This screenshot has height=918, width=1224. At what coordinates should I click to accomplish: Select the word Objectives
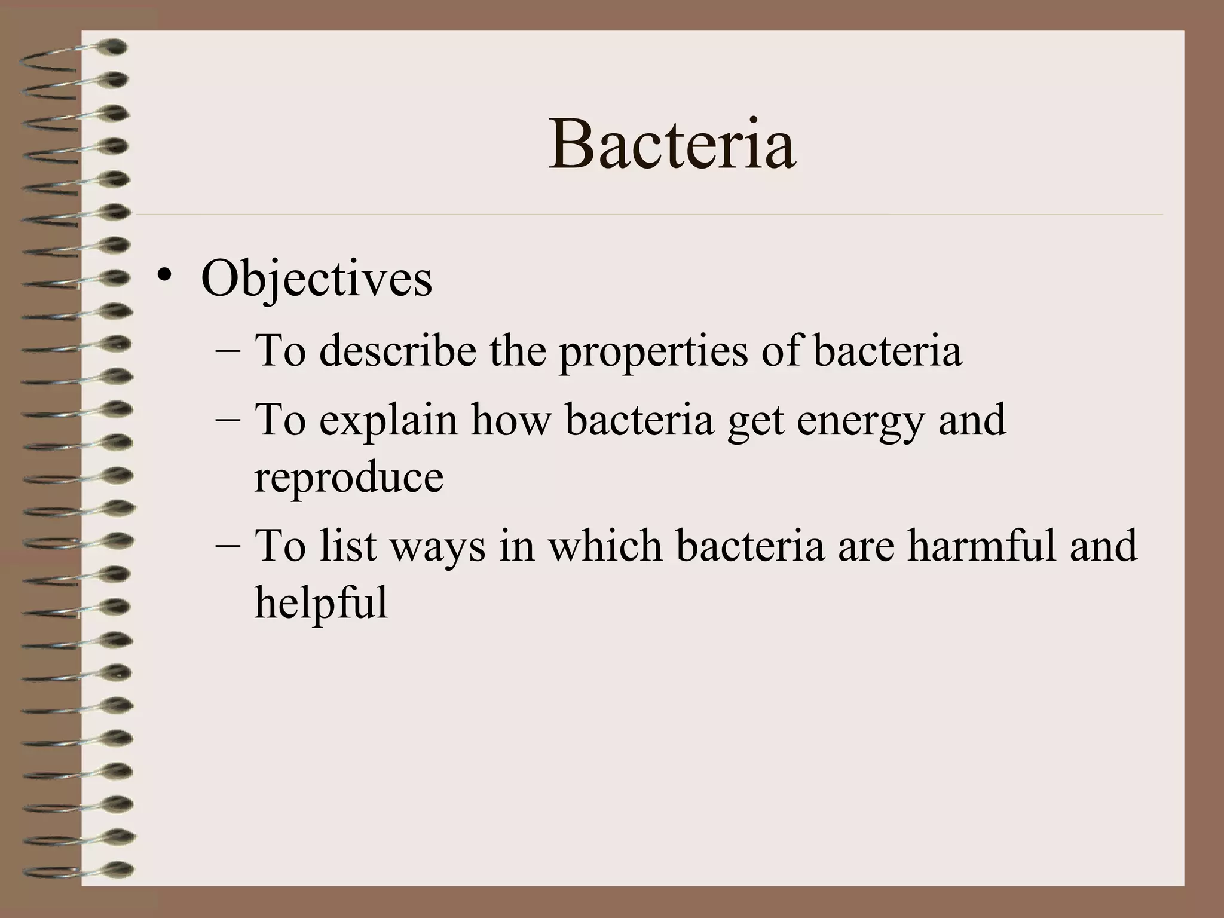[x=316, y=280]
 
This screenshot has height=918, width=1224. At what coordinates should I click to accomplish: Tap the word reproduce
[x=348, y=479]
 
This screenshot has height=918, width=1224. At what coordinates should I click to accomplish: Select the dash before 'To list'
[x=228, y=547]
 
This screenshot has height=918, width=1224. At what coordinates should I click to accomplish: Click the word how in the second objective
[x=510, y=420]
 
